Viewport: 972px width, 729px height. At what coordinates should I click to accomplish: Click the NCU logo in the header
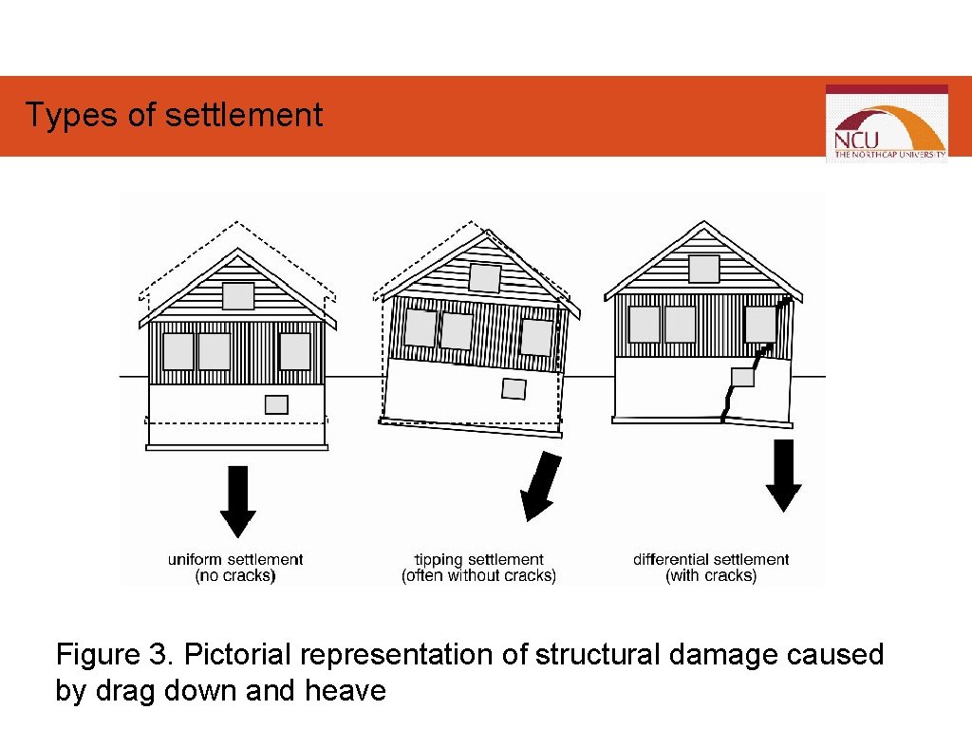coord(886,123)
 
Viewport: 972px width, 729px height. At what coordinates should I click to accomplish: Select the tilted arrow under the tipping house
coord(540,486)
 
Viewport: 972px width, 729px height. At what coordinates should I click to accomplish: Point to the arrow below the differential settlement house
coord(784,475)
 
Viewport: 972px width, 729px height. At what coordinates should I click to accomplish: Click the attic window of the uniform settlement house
coord(238,296)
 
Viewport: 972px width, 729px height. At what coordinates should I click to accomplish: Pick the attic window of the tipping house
coord(484,278)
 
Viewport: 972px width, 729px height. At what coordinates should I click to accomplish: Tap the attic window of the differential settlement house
coord(703,269)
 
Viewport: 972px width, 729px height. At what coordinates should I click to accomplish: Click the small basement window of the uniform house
coord(276,404)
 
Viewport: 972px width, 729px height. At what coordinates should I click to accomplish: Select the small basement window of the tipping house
coord(514,388)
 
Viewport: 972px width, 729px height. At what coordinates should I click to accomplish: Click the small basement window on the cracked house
coord(742,378)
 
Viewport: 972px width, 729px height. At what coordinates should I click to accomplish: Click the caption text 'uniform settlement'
coord(235,559)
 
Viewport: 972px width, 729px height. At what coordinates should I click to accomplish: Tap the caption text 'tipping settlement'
coord(479,559)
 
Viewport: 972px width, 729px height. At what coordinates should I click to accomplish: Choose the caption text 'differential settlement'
coord(711,559)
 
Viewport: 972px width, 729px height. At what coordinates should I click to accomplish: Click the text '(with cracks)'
coord(711,576)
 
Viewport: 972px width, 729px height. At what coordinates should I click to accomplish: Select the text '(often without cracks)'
coord(479,576)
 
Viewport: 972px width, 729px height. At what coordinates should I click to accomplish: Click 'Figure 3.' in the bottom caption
coord(115,655)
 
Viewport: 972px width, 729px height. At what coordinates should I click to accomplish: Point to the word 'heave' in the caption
coord(346,690)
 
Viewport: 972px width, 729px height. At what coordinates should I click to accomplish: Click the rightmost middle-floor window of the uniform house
coord(294,351)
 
